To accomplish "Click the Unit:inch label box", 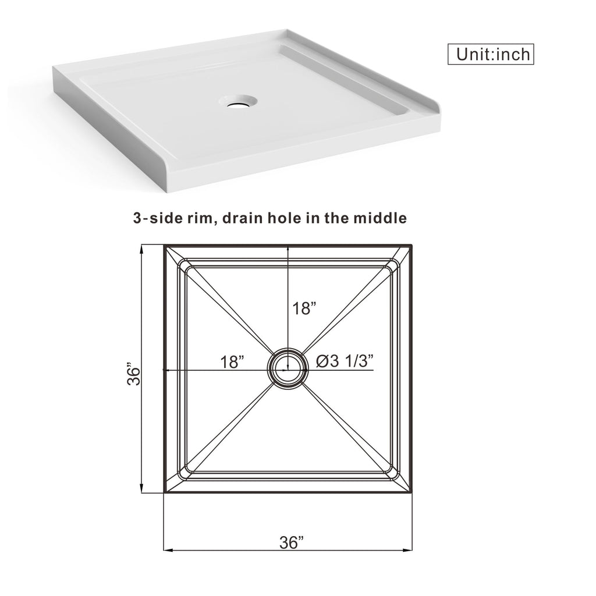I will (491, 54).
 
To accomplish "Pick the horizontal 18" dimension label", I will (232, 361).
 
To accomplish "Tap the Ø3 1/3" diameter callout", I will (345, 361).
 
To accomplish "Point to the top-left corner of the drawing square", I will (164, 246).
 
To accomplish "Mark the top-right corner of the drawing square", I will (412, 246).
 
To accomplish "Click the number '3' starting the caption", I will (137, 219).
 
